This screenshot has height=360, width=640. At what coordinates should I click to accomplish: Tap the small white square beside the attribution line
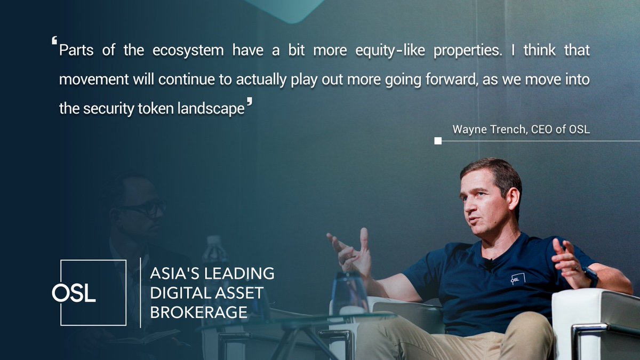(x=438, y=141)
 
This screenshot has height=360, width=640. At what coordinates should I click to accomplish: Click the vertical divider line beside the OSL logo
(x=140, y=292)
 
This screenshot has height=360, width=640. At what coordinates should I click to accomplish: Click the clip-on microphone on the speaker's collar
(x=487, y=263)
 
